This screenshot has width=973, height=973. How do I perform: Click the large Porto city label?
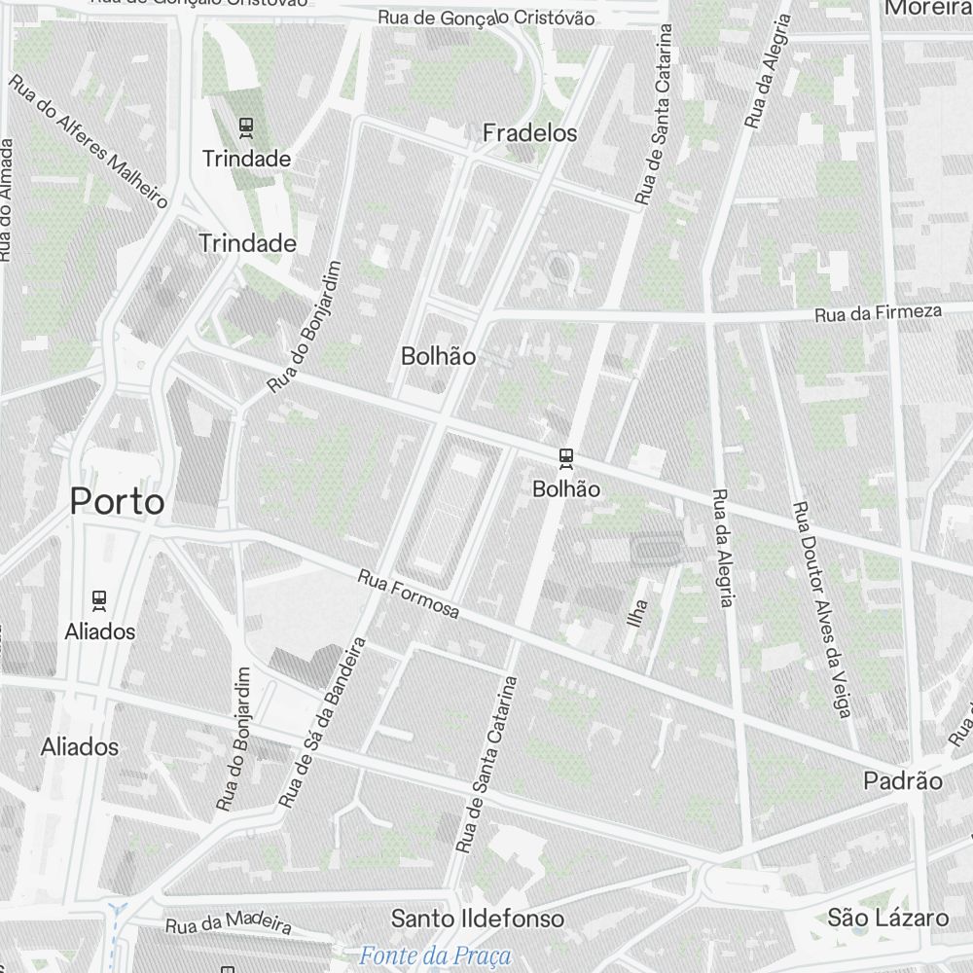117,502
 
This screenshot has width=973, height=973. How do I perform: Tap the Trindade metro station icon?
246,126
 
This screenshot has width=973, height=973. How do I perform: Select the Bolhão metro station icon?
566,457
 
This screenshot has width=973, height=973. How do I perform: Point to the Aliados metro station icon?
99,599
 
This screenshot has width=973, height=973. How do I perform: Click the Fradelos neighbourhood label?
530,133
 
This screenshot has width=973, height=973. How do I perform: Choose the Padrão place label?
903,781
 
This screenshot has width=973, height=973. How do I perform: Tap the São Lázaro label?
887,918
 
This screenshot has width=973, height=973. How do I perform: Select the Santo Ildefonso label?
477,919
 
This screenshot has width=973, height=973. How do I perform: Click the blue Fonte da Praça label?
435,955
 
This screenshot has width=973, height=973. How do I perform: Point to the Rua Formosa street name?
409,594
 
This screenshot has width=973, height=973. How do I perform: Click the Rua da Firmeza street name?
879,313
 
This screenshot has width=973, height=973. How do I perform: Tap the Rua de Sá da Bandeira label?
321,722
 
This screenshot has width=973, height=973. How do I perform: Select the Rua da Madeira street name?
229,921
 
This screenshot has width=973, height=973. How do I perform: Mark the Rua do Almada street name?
7,199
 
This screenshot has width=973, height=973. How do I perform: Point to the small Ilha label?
638,612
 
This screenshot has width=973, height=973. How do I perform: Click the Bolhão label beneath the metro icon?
566,489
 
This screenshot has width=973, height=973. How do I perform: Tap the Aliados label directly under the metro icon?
100,631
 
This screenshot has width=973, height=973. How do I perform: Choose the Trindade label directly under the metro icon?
246,158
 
